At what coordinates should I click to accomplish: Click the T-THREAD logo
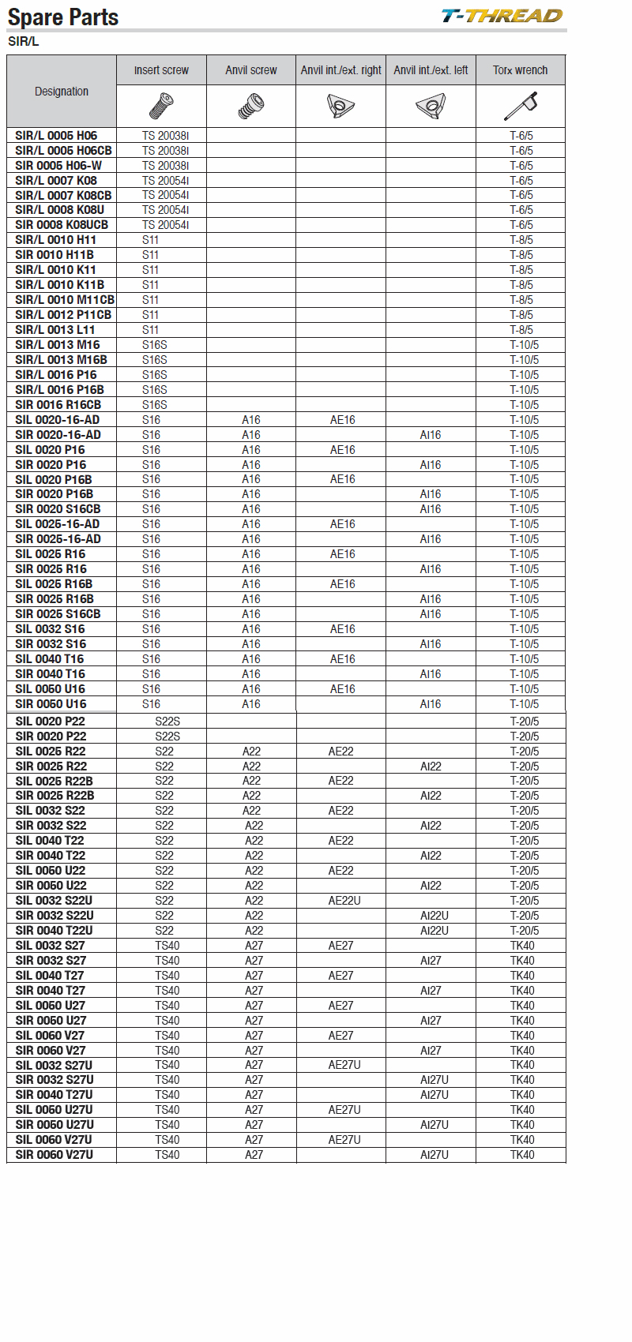[502, 16]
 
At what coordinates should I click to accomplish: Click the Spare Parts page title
[63, 17]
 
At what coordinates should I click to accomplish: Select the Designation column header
[62, 92]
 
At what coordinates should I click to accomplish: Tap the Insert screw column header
[161, 70]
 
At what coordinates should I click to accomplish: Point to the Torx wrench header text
[520, 70]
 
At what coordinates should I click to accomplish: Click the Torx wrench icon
[521, 105]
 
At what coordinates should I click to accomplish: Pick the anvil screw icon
[251, 105]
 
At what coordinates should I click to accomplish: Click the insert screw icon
[161, 105]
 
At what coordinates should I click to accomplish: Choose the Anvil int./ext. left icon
[431, 105]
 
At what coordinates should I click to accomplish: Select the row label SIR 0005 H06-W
[58, 165]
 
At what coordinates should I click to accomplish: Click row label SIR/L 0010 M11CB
[65, 300]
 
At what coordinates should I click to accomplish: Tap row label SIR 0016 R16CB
[58, 405]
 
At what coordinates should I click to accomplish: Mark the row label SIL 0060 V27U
[54, 1140]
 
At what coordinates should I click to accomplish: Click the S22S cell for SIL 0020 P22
[167, 722]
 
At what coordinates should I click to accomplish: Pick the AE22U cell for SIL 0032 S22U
[344, 901]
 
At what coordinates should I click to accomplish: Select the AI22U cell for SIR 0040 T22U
[434, 931]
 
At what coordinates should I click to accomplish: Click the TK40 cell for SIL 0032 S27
[522, 946]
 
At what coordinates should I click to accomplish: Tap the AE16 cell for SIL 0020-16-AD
[343, 420]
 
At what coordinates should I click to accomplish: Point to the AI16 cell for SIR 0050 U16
[431, 704]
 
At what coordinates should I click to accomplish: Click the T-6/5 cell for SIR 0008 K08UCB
[521, 225]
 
